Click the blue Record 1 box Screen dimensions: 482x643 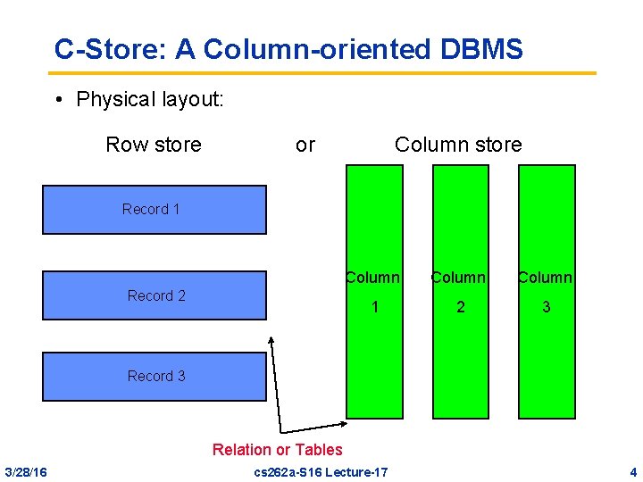[x=154, y=210]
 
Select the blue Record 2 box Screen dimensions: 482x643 [x=154, y=295]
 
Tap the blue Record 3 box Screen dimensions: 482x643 [x=154, y=376]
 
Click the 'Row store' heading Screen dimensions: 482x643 [x=154, y=145]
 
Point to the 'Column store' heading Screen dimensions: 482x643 [x=458, y=145]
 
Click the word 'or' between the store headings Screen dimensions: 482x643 [x=305, y=145]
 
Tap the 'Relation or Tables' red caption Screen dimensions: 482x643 [x=277, y=450]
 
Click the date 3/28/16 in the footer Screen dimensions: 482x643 [x=26, y=471]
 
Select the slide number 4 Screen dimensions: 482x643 [x=632, y=471]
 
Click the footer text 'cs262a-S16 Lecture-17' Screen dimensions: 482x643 [x=321, y=471]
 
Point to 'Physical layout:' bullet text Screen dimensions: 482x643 [x=150, y=98]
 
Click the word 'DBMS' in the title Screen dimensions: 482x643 [x=482, y=50]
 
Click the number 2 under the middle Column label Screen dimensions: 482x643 [x=461, y=307]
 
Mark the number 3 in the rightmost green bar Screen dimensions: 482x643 [x=547, y=307]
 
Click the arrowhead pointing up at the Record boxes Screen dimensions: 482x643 [x=272, y=340]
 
